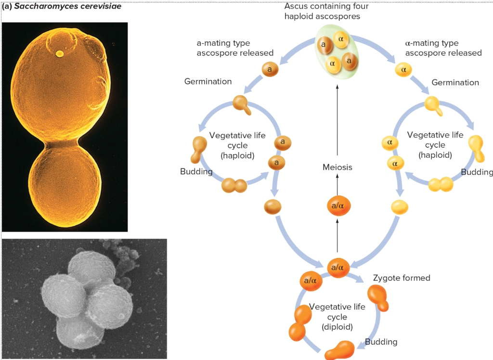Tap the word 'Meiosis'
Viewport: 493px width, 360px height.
point(337,167)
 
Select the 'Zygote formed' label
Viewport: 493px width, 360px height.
point(402,278)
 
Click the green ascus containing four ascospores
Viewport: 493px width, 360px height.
point(337,53)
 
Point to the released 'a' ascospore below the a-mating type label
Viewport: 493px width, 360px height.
point(270,69)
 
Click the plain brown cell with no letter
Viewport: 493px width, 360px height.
point(273,207)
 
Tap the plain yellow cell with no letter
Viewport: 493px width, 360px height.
point(399,207)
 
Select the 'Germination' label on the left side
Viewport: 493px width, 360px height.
point(208,81)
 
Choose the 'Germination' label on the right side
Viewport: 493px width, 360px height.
point(455,82)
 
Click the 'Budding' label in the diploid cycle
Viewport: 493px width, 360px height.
point(381,342)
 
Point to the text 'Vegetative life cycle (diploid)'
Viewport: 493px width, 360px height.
point(337,317)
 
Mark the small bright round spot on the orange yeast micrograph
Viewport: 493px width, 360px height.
point(59,54)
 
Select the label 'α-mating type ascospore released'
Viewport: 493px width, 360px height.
point(443,48)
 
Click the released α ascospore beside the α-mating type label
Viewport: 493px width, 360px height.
point(403,70)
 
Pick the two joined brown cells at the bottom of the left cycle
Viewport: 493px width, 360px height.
point(234,185)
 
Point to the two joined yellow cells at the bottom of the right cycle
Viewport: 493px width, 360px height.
point(441,184)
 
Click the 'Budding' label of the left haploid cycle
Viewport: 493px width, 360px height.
point(196,172)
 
